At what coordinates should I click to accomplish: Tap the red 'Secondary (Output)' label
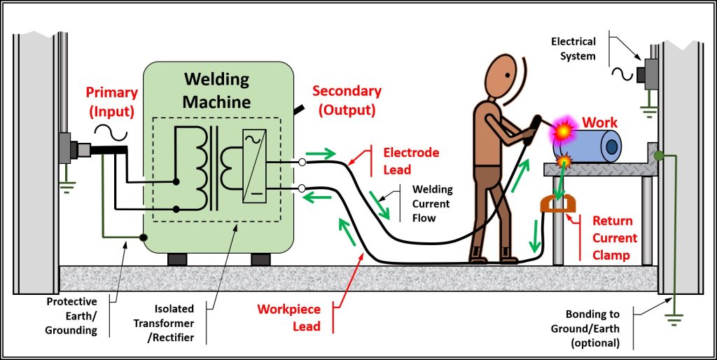[x=347, y=100]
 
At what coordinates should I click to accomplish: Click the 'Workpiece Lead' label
[x=288, y=317]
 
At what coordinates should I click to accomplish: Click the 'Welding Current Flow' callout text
[x=433, y=203]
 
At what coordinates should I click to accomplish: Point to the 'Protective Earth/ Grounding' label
[x=72, y=316]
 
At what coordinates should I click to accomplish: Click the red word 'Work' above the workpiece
[x=600, y=123]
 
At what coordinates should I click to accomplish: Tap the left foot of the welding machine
[x=177, y=259]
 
